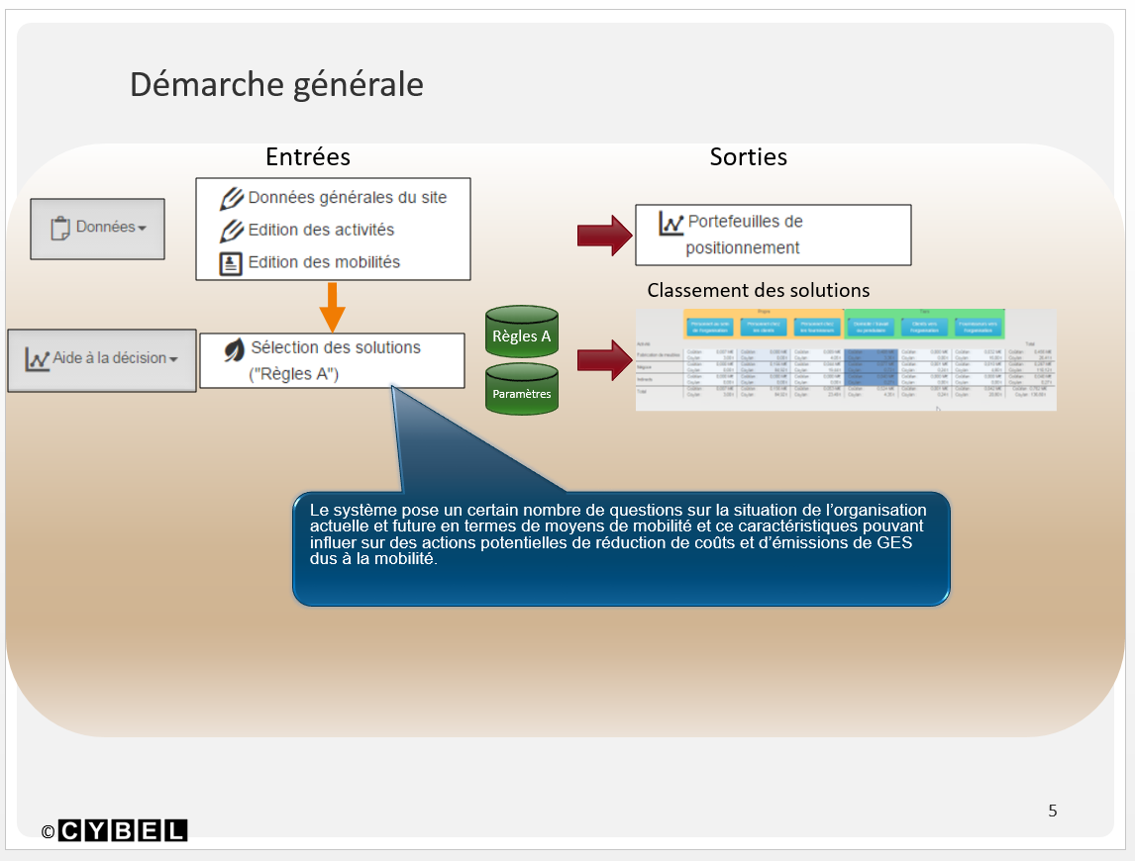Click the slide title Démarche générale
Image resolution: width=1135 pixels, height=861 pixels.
276,84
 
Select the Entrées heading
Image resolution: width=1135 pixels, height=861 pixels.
308,156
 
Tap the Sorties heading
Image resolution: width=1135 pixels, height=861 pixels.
748,156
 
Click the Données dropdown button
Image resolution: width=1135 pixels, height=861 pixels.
97,228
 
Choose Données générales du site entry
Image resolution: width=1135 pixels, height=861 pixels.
347,197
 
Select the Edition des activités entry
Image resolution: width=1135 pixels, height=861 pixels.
321,230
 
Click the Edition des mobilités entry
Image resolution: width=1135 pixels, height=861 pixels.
324,262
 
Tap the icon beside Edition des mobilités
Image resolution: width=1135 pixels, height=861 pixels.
231,263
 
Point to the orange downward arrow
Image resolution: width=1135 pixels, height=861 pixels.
333,306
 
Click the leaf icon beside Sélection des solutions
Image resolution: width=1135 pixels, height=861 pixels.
234,349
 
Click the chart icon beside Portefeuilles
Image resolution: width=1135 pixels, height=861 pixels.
671,224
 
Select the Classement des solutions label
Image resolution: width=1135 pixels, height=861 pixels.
759,290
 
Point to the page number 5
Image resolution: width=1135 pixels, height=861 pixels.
1052,811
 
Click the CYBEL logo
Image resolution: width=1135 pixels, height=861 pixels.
123,831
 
